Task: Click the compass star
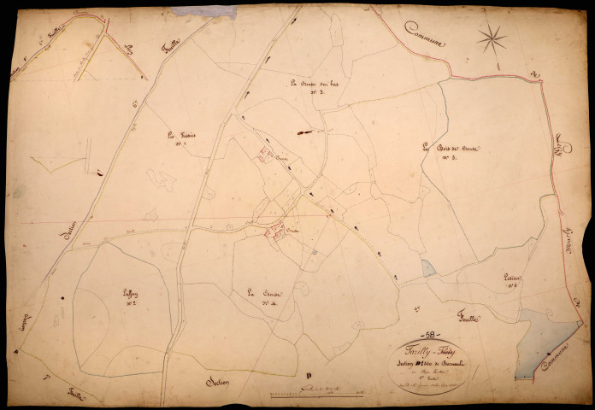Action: (x=492, y=38)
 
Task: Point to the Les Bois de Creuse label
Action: (x=454, y=149)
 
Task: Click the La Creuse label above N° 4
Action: (x=257, y=293)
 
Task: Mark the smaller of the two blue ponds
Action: (x=427, y=268)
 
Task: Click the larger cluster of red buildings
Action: (x=275, y=231)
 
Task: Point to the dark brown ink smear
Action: (x=303, y=132)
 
